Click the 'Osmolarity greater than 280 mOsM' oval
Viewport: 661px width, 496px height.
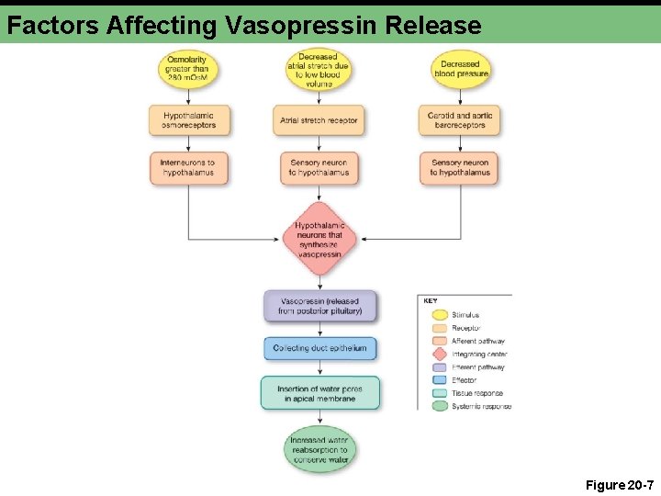[188, 69]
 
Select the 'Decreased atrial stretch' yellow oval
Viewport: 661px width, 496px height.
[319, 69]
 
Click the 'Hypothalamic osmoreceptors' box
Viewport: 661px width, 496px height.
[189, 120]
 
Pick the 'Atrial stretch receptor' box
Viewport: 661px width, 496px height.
[319, 120]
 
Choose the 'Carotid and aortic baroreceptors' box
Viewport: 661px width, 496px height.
[459, 120]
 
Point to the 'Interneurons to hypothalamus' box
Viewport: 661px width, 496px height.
[189, 168]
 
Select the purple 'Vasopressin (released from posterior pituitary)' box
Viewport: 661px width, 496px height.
[320, 306]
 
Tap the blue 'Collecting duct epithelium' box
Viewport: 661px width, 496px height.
[320, 348]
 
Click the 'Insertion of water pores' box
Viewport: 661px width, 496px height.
[320, 393]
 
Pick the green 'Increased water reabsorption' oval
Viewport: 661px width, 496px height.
[319, 450]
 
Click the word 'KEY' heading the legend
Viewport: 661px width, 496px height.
[430, 300]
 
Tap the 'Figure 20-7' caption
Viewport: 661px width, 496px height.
[619, 483]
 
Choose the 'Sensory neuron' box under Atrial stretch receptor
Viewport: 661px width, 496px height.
[319, 168]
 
